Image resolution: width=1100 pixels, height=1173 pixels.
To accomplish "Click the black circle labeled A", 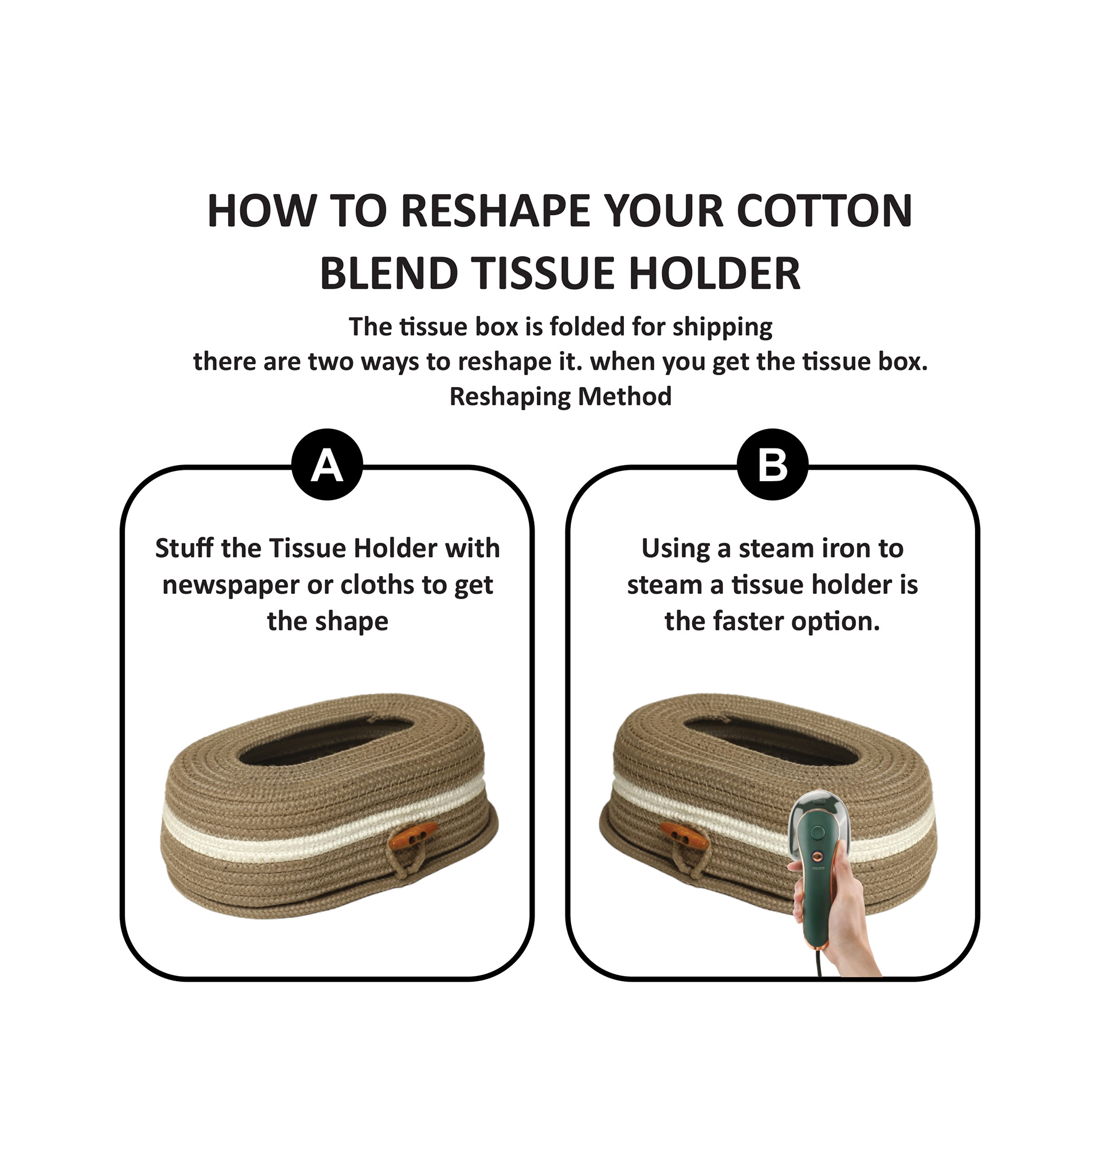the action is point(327,465).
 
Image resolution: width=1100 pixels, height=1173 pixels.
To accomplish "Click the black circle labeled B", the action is point(772,465).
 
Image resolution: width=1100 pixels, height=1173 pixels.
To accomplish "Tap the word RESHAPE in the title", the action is point(496,211).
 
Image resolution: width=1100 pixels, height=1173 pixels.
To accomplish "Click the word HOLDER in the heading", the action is point(714,273).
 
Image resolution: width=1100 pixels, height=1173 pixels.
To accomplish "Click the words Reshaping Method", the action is point(560,396).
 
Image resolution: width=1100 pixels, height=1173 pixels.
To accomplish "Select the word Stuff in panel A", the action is point(184,548).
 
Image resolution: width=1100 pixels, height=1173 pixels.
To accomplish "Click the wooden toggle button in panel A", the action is point(415,835).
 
